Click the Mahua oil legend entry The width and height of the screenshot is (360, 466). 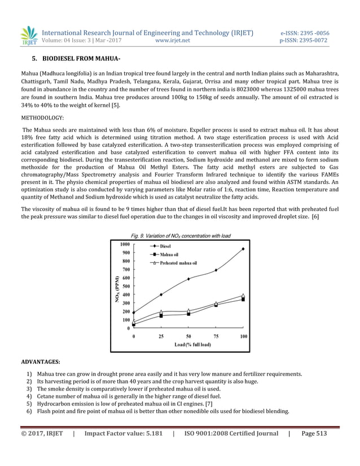coord(170,254)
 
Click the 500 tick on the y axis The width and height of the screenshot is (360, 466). coord(125,286)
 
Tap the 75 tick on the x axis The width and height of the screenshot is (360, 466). coord(216,336)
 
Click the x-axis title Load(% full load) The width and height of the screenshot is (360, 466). coord(192,344)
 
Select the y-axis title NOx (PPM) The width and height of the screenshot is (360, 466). coord(117,289)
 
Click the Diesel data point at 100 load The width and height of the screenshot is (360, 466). coord(243,249)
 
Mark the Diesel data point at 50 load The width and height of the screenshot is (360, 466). coord(188,279)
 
